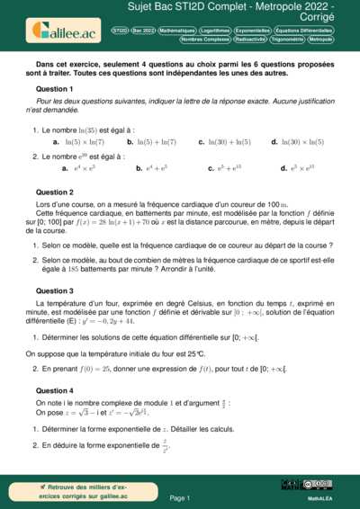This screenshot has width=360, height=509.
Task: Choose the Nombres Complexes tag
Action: click(204, 40)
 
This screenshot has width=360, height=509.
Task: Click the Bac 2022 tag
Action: click(143, 30)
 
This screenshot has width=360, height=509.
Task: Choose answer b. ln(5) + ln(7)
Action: click(151, 142)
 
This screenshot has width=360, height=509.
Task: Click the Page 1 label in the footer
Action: click(180, 496)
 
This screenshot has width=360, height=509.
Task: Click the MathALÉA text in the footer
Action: click(320, 496)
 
